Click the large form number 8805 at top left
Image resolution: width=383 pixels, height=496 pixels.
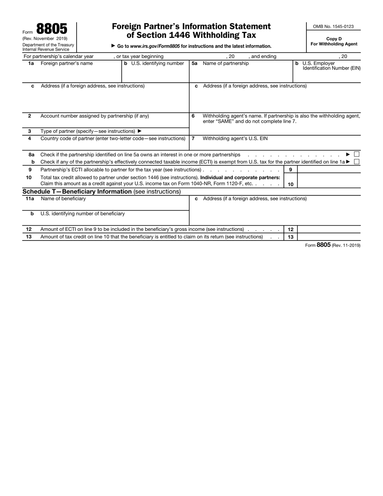52,29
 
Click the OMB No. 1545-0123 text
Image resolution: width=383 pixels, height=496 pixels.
333,27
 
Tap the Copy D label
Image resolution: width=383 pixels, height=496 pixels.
334,39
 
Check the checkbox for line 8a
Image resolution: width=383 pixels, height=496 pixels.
356,154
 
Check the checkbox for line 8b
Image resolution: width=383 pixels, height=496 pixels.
356,162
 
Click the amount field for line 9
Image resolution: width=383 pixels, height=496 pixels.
329,170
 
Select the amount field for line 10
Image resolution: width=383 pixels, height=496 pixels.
329,181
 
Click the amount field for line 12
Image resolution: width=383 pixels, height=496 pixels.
329,229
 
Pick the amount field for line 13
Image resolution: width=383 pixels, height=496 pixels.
329,237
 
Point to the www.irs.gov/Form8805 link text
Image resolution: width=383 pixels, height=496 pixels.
155,46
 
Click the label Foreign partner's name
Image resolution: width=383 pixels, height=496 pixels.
67,63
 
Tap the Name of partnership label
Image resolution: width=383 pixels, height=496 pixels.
226,63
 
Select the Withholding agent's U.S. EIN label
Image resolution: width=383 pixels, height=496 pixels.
235,138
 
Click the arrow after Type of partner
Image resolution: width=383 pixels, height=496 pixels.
140,131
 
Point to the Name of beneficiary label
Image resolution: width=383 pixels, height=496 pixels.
63,199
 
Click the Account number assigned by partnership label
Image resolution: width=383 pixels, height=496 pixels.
95,116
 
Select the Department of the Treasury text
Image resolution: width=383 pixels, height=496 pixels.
48,44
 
